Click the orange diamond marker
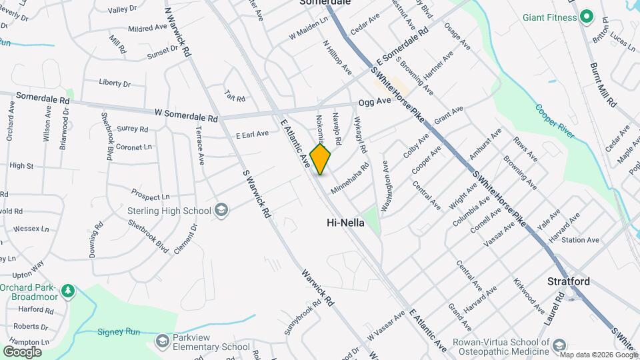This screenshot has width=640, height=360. (x=320, y=159)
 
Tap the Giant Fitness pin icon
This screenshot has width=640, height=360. (x=587, y=17)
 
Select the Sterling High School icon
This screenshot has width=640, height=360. (x=221, y=211)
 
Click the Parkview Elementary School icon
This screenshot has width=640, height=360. (x=162, y=342)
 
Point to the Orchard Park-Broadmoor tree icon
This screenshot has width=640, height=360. (x=67, y=291)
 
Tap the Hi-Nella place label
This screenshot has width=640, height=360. (x=345, y=223)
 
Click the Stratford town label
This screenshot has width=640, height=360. (x=569, y=281)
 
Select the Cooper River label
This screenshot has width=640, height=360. (x=555, y=121)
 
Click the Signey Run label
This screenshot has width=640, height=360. (x=119, y=331)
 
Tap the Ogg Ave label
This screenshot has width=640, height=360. (x=374, y=102)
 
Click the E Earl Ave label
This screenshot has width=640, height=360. (x=252, y=135)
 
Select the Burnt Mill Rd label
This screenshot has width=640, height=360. (x=603, y=85)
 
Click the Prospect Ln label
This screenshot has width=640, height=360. (x=150, y=197)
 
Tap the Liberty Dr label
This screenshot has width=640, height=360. (x=114, y=83)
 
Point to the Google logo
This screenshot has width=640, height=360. (x=22, y=351)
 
